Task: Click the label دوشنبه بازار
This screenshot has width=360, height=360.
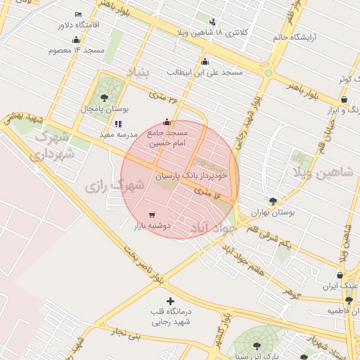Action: pyautogui.click(x=153, y=226)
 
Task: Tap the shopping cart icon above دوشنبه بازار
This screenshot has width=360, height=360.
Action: pyautogui.click(x=152, y=214)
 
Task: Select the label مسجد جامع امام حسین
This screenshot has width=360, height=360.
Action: pyautogui.click(x=167, y=137)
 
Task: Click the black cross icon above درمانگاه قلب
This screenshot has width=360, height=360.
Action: pyautogui.click(x=170, y=301)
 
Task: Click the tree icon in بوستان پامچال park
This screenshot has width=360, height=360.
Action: pyautogui.click(x=105, y=97)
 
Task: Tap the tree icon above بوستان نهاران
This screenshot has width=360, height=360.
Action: pyautogui.click(x=273, y=201)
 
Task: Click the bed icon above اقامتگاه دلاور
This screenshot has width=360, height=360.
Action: pyautogui.click(x=78, y=14)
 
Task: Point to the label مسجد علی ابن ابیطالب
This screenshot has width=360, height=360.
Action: pyautogui.click(x=208, y=72)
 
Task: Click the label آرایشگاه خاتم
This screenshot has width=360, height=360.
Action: pyautogui.click(x=306, y=37)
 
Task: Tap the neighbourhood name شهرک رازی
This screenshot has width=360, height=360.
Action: pyautogui.click(x=114, y=186)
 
